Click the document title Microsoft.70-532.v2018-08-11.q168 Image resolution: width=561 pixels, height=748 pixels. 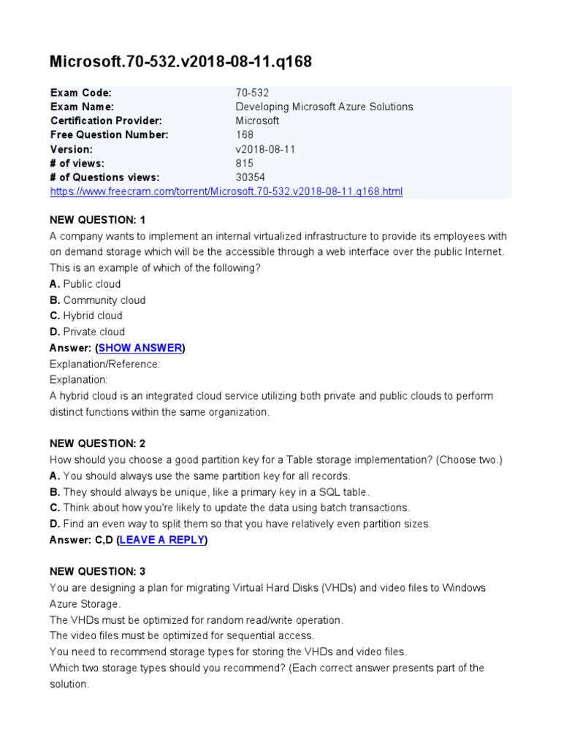(180, 62)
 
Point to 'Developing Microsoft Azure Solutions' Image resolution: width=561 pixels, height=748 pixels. (324, 107)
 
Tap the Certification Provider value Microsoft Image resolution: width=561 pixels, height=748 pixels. (257, 121)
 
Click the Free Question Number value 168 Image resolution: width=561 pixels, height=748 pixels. (245, 134)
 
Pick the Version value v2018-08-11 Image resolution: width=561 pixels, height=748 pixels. (265, 149)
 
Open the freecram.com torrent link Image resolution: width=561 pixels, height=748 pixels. (226, 191)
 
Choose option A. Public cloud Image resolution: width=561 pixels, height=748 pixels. (85, 284)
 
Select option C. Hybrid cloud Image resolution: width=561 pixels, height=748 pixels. (85, 316)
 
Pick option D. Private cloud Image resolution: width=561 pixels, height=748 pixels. (86, 332)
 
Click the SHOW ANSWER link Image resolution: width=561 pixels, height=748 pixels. (140, 348)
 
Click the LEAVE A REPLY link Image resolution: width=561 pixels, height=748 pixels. (161, 540)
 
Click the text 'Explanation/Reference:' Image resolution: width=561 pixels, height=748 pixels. (104, 364)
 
